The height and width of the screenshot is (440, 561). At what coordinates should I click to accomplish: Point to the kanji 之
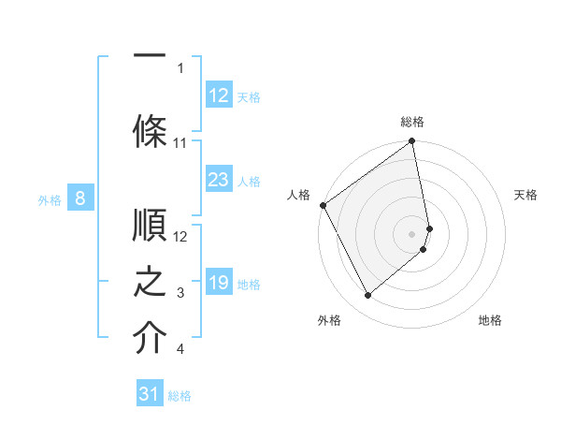pos(150,282)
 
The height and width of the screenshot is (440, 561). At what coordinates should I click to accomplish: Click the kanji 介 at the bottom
pos(150,339)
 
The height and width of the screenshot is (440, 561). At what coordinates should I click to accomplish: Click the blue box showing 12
pos(219,95)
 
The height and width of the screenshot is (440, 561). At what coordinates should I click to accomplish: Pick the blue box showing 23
pos(219,181)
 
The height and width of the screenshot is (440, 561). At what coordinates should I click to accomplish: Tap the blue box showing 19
pos(219,284)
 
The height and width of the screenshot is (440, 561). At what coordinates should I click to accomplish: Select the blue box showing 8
pos(80,198)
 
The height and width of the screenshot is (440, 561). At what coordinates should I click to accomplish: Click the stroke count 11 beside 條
pos(180,143)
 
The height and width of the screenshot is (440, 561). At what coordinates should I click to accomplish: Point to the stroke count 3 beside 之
pos(180,294)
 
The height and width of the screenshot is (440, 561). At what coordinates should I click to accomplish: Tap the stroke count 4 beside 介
pos(180,350)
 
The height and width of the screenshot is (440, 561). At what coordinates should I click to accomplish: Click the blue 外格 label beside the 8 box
pos(50,199)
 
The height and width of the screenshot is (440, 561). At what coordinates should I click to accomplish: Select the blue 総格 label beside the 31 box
pos(180,396)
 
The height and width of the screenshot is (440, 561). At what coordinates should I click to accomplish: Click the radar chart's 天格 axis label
pos(525,195)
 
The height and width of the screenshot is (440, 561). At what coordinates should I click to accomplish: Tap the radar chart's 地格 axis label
pos(490,320)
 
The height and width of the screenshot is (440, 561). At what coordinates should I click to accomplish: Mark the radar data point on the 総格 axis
pos(411,142)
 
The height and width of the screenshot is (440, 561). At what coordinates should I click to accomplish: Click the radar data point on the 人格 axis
pos(323,205)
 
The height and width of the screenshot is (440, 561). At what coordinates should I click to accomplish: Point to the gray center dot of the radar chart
pos(411,232)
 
